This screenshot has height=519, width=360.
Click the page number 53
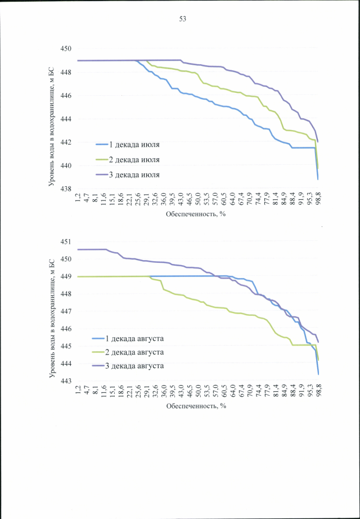[183, 19]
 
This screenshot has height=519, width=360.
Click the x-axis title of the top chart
[196, 215]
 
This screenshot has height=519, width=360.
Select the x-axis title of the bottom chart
[196, 406]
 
